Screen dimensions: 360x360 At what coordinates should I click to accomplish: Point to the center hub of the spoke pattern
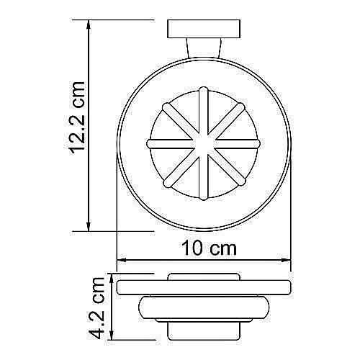pos(202,143)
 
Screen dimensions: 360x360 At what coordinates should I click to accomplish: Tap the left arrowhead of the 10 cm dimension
pos(122,260)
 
